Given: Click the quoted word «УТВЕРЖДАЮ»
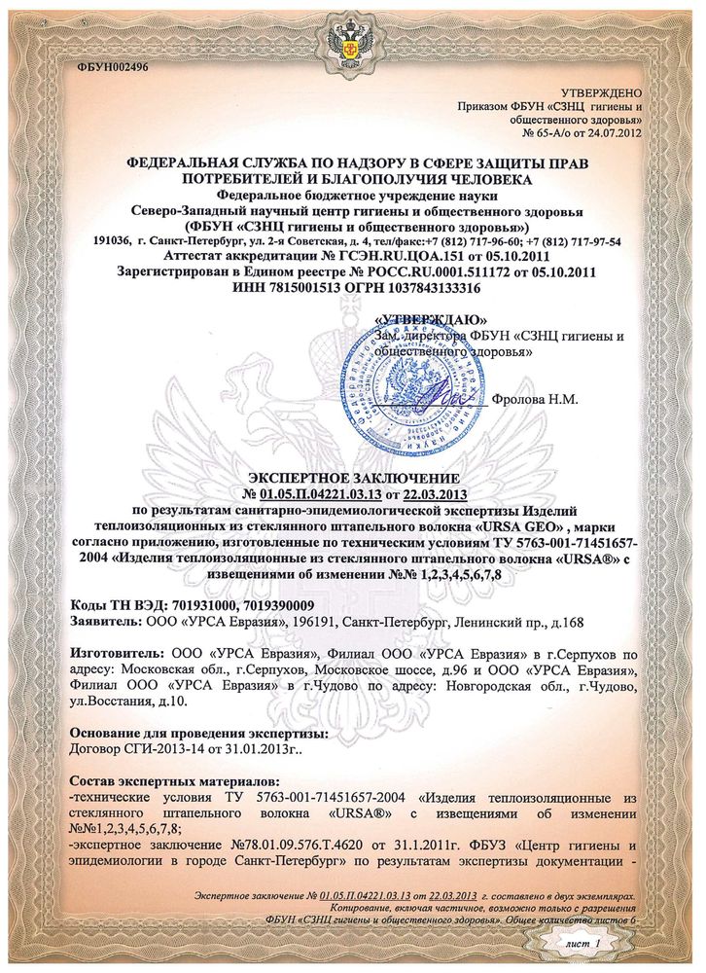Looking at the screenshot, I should pos(431,320).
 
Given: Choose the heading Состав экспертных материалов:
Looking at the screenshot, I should pos(175,781).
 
